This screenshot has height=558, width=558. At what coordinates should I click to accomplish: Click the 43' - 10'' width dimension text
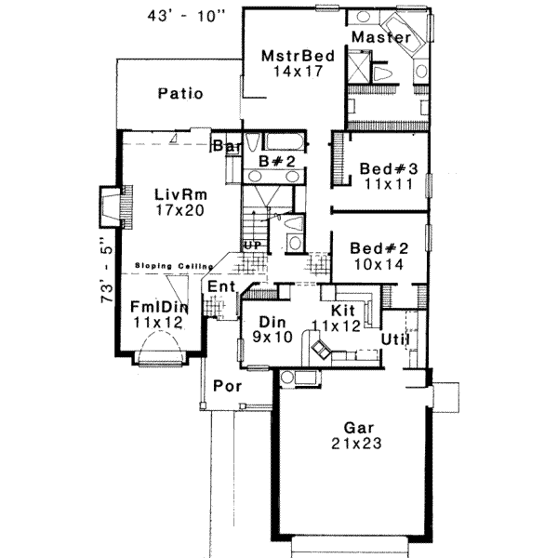(x=187, y=16)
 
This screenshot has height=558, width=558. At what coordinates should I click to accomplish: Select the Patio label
(x=180, y=93)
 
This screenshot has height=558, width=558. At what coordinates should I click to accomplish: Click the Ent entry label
(x=221, y=286)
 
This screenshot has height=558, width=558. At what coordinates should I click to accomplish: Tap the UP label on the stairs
(x=252, y=245)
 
